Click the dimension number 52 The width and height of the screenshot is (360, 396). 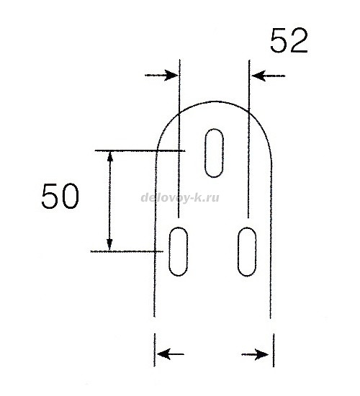(289, 41)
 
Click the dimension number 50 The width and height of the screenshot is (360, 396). (60, 196)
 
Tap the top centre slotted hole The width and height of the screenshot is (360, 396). (214, 153)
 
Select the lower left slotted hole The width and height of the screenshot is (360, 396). (178, 251)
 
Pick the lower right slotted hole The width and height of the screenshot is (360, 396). (247, 251)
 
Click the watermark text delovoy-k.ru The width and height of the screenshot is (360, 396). (180, 198)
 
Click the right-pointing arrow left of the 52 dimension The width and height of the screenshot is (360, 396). (161, 76)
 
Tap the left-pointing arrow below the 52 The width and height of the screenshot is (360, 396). (269, 76)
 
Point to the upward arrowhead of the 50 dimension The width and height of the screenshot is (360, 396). (109, 156)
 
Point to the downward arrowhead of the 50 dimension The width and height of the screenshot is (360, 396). (109, 246)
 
